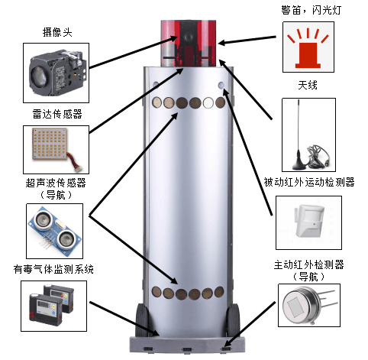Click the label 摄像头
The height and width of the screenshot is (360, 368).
[x=57, y=33]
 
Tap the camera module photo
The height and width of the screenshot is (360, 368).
[x=56, y=73]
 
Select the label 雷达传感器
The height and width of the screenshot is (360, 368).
[x=57, y=114]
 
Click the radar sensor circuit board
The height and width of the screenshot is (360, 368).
[x=51, y=144]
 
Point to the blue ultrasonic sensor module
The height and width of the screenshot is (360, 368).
[x=55, y=230]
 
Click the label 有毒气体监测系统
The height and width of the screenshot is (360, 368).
[x=53, y=269]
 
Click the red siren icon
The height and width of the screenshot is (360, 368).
[x=308, y=48]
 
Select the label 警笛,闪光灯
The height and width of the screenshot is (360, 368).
[x=311, y=10]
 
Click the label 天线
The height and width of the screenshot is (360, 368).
[x=308, y=85]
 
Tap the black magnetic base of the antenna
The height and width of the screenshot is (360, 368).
[x=299, y=163]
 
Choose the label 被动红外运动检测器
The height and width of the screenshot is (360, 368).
[x=308, y=182]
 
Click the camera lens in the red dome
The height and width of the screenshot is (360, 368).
[x=189, y=37]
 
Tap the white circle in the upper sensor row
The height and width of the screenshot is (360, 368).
[x=208, y=102]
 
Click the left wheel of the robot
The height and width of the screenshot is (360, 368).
[x=141, y=319]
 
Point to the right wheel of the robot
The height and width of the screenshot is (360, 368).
[x=233, y=319]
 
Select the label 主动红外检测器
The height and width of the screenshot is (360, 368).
[x=308, y=264]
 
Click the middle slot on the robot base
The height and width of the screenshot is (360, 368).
[x=187, y=349]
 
